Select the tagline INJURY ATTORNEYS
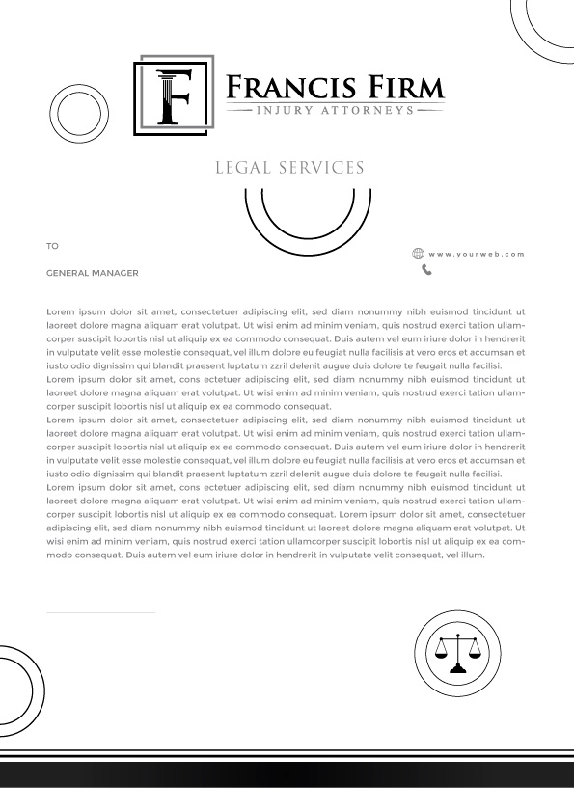click(x=335, y=111)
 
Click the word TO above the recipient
click(x=52, y=246)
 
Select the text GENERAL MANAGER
click(x=93, y=273)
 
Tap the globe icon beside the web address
click(x=418, y=254)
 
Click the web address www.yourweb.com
click(x=477, y=254)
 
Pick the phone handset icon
click(x=426, y=270)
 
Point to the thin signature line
click(x=100, y=612)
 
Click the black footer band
click(x=287, y=775)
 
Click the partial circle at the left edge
click(x=17, y=690)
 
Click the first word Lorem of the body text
click(x=59, y=312)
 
